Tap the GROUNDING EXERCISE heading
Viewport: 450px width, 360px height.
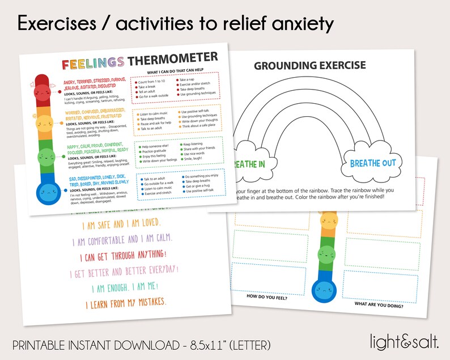[x=309, y=66]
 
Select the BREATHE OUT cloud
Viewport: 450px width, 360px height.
[x=372, y=163]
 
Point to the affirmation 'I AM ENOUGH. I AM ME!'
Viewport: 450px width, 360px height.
[x=120, y=287]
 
